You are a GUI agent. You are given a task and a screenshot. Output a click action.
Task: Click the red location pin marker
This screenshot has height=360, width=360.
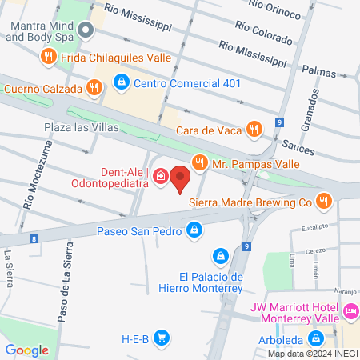pyautogui.click(x=181, y=178)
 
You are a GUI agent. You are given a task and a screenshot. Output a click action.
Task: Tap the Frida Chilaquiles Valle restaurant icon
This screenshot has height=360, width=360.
pyautogui.click(x=49, y=56)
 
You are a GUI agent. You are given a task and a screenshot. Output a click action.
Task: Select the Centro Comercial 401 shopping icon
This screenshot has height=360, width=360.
pyautogui.click(x=121, y=81)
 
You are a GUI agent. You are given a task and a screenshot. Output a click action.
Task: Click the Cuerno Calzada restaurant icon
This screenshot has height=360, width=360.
pyautogui.click(x=95, y=88)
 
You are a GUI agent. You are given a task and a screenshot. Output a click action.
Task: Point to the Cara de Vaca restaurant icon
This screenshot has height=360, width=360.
pyautogui.click(x=254, y=128)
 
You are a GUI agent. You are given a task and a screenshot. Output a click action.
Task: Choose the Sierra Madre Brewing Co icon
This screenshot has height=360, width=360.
pyautogui.click(x=323, y=202)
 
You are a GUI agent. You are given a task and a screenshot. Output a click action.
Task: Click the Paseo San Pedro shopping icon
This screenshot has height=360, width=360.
pyautogui.click(x=193, y=231)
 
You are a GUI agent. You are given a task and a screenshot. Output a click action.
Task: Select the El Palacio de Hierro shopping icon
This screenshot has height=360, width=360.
pyautogui.click(x=218, y=256)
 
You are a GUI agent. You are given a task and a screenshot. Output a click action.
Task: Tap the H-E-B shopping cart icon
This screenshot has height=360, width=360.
pyautogui.click(x=162, y=338)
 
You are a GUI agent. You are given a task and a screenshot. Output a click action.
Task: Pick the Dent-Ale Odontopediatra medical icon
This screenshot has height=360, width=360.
pyautogui.click(x=160, y=176)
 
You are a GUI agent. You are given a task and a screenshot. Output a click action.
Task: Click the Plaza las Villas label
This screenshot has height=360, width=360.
pyautogui.click(x=81, y=126)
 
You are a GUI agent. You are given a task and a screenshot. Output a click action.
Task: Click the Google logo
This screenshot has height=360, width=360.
pyautogui.click(x=26, y=350)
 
